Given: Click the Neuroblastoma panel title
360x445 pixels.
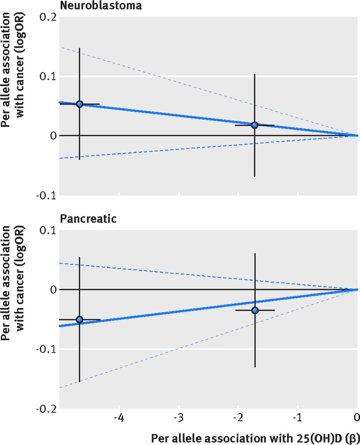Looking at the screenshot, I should coord(101,6).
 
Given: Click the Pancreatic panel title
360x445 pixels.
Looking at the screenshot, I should coord(88,219).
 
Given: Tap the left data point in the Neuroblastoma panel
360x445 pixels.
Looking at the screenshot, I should coord(80,104).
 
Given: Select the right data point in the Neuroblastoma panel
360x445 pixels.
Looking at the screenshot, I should coord(255,125).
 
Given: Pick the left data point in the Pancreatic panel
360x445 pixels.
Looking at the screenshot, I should coord(80,319).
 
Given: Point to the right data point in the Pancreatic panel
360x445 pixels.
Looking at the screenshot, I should coord(255,310).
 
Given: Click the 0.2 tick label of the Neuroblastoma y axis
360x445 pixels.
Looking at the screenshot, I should coord(48,17).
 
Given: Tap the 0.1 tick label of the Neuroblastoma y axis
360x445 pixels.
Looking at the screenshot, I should coord(48,76).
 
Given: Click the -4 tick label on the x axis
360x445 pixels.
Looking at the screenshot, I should coord(119,417).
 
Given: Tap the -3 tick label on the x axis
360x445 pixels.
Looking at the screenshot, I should coord(179,417).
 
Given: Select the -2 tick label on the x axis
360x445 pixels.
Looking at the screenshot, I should coord(238,417).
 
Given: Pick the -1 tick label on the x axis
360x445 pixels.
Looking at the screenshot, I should coord(297,417).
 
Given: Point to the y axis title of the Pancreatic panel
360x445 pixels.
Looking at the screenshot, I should coord(13,283).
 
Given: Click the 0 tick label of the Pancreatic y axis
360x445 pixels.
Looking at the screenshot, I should coord(53,290).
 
